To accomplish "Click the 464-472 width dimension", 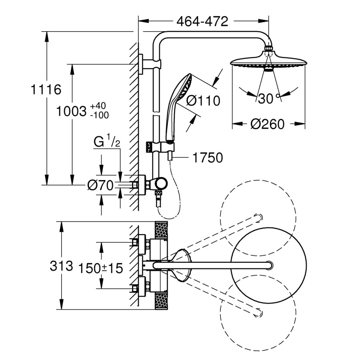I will click(203, 20).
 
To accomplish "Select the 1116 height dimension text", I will click(46, 90).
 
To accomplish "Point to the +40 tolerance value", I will click(98, 106).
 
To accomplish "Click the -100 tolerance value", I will click(99, 115).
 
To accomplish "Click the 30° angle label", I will click(267, 98).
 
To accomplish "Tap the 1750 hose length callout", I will click(208, 158).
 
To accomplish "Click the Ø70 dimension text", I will click(100, 185).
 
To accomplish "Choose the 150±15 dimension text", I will click(100, 268).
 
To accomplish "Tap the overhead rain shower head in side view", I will click(268, 63).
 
